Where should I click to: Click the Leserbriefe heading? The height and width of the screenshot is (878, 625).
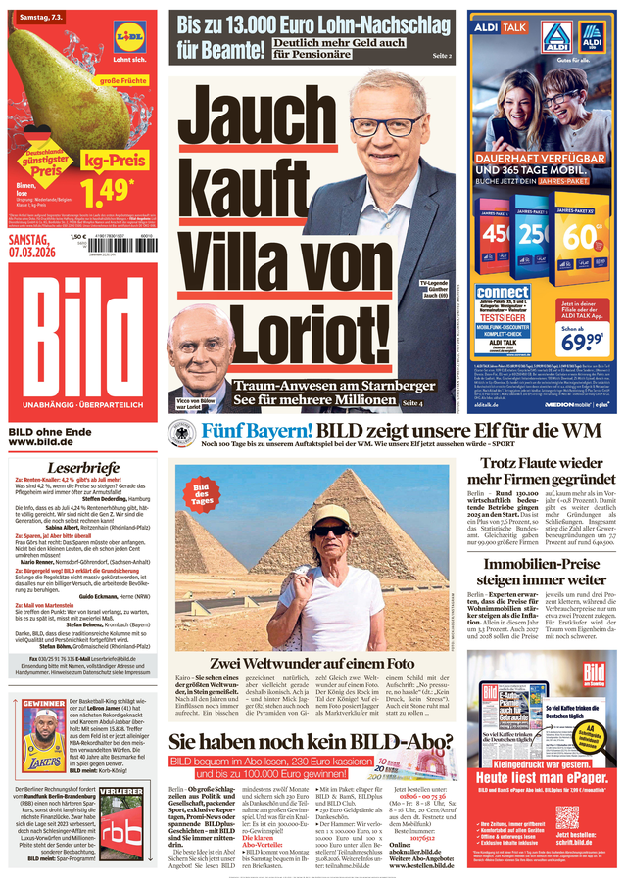pos(81,467)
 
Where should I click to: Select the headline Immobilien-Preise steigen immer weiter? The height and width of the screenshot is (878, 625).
pos(541,572)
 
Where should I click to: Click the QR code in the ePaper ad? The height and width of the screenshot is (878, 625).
pos(567,816)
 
